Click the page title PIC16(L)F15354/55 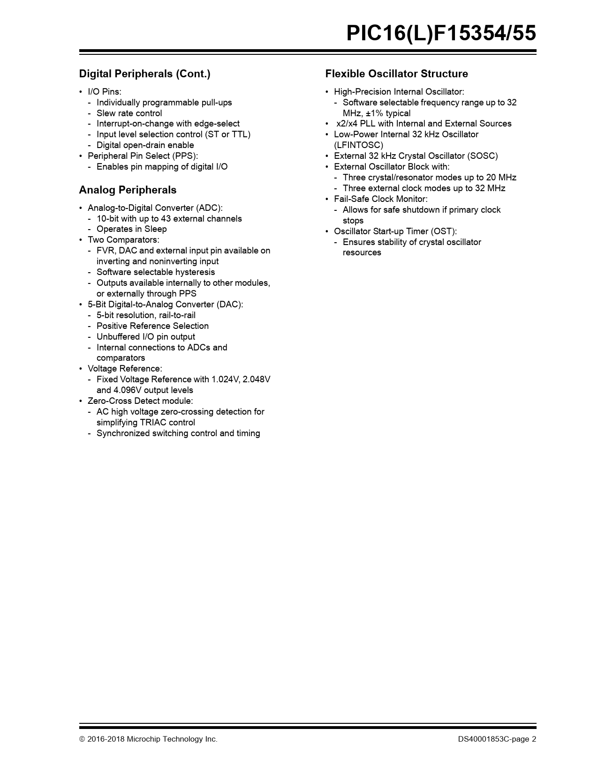pos(441,34)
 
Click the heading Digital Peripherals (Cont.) pos(144,74)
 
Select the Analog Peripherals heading pos(128,190)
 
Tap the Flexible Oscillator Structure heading pos(396,74)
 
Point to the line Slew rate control pos(129,113)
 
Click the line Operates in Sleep pos(131,229)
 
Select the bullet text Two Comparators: pos(123,240)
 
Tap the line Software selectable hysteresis pos(156,272)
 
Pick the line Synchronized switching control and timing pos(178,433)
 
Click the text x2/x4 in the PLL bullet pos(347,124)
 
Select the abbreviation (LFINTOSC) pos(358,145)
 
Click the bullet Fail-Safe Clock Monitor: pos(380,199)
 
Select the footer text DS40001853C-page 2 pos(497,739)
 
